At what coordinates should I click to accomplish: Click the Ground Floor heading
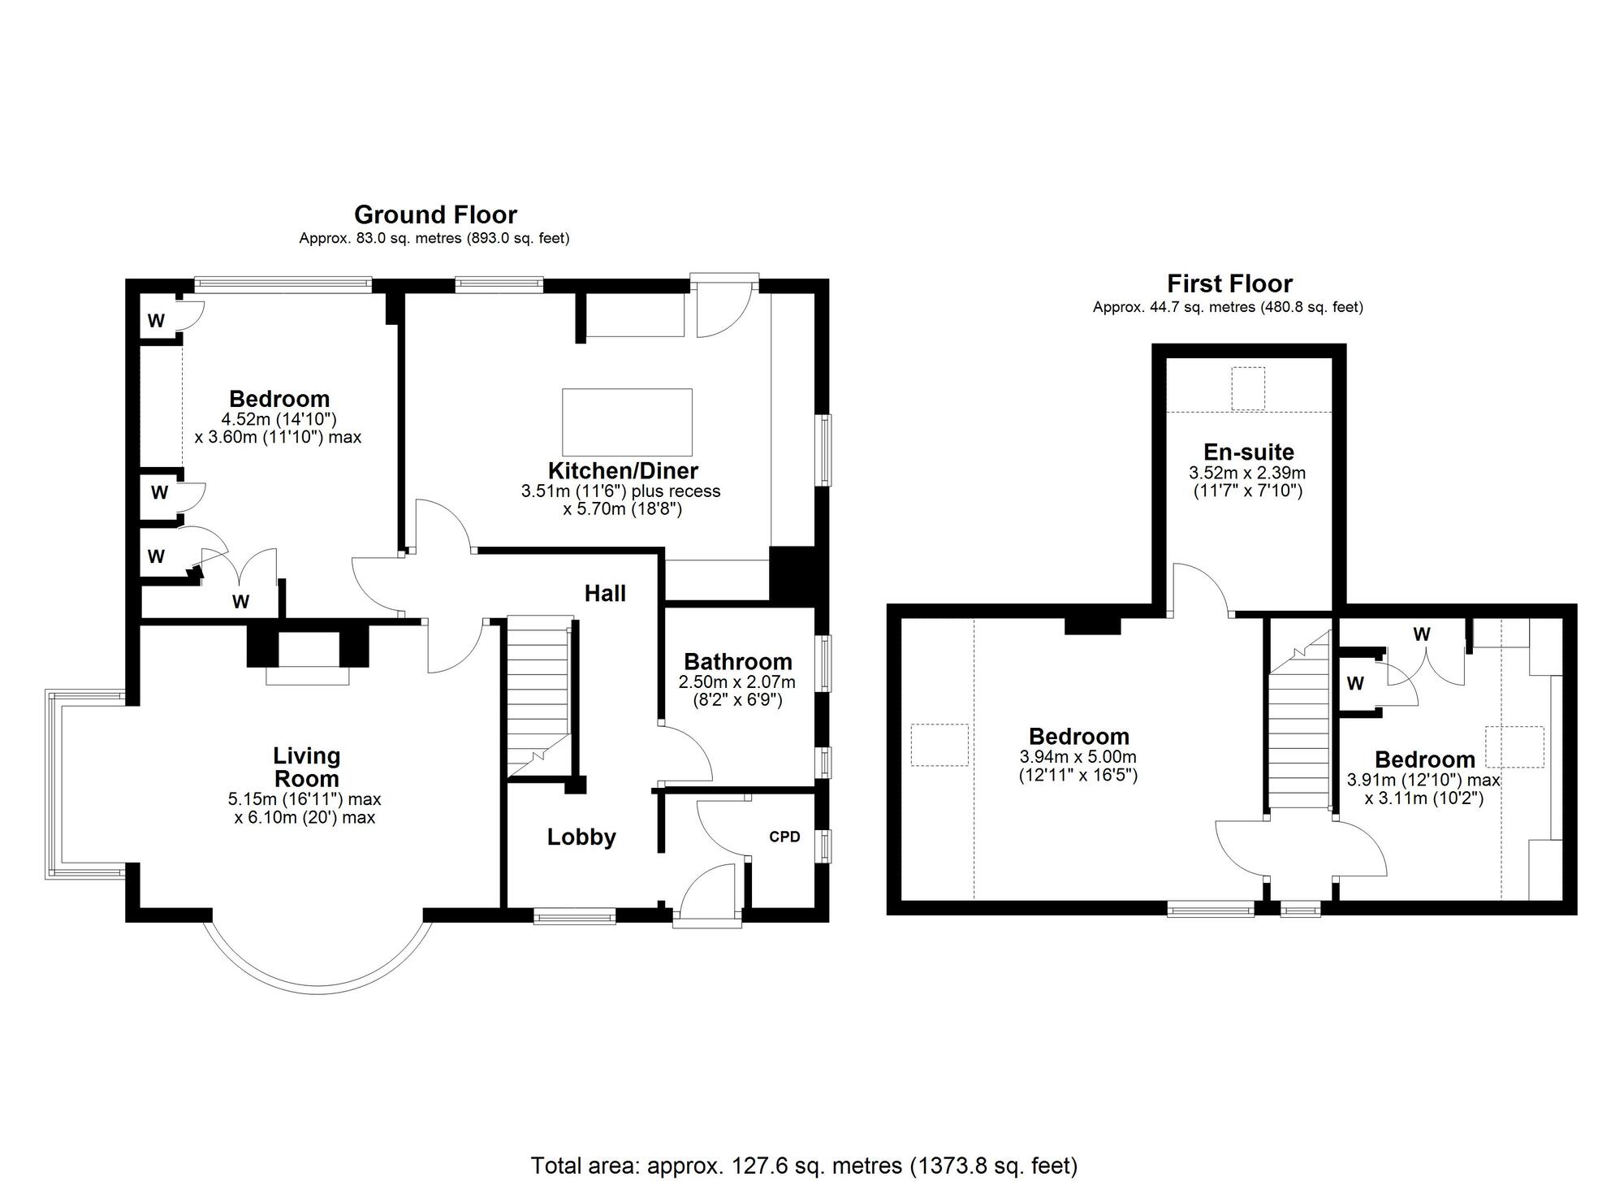(x=435, y=214)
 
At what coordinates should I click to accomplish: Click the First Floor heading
(x=1229, y=283)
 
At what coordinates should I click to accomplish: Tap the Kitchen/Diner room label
(x=623, y=470)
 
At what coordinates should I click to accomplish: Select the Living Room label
(x=306, y=767)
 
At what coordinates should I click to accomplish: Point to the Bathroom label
(x=737, y=662)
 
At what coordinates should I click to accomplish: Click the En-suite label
(x=1248, y=452)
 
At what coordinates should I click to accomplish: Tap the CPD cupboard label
(x=784, y=837)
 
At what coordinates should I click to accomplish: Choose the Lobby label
(x=581, y=837)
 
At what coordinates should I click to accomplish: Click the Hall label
(x=605, y=593)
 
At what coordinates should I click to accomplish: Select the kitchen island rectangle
(x=627, y=422)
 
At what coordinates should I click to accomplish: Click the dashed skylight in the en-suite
(x=1248, y=389)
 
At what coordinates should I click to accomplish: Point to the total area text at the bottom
(x=804, y=1166)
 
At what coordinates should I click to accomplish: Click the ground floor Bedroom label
(x=279, y=399)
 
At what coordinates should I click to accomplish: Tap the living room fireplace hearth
(x=307, y=675)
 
